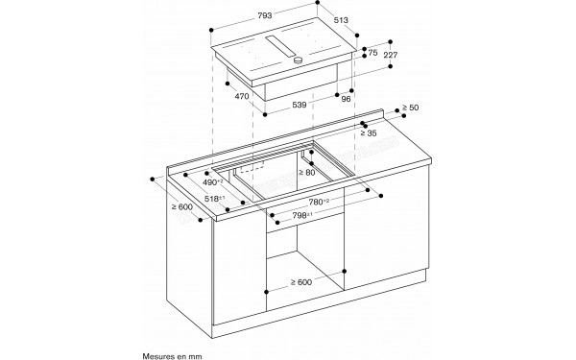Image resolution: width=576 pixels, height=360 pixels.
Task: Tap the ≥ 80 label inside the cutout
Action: point(306,172)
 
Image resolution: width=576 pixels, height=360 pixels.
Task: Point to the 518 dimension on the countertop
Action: point(213,200)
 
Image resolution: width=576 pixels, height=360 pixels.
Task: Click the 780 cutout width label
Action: point(319,202)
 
